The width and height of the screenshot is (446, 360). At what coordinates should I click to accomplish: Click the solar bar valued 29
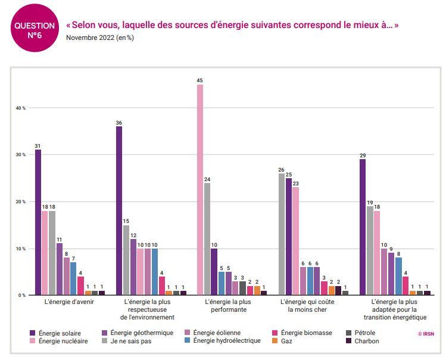pyautogui.click(x=363, y=227)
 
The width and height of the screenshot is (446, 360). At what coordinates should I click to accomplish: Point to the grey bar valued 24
pyautogui.click(x=207, y=238)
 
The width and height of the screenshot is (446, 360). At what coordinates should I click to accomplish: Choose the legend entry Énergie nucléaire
pyautogui.click(x=59, y=341)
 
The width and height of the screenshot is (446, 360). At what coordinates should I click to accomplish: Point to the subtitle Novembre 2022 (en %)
pyautogui.click(x=100, y=38)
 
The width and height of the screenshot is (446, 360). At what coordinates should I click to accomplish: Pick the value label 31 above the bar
pyautogui.click(x=38, y=145)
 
